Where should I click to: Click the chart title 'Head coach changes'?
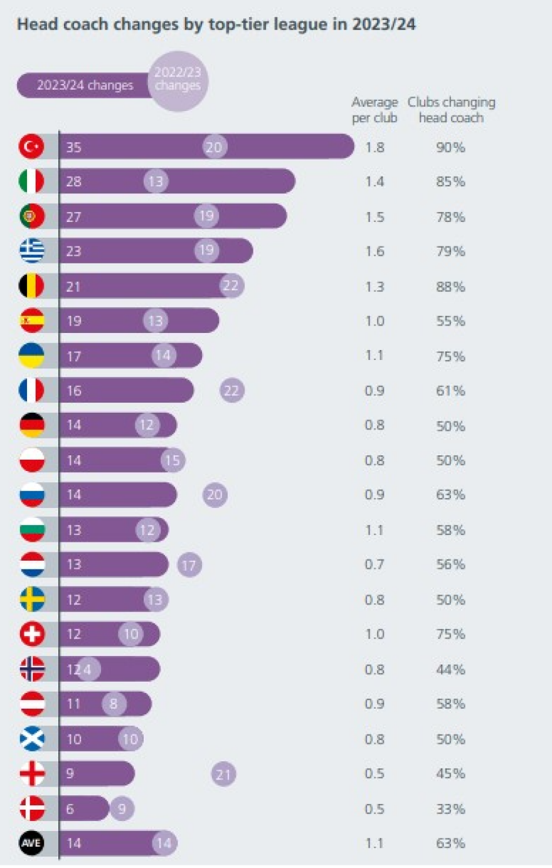click(x=216, y=24)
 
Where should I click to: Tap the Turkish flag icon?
click(x=31, y=147)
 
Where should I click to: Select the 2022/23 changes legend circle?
click(x=178, y=81)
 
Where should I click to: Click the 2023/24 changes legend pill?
click(x=85, y=85)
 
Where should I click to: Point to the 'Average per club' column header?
click(x=374, y=110)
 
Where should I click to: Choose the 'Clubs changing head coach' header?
click(x=451, y=110)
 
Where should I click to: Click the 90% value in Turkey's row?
click(x=450, y=147)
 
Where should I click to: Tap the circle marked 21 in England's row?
click(x=223, y=774)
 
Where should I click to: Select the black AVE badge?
click(x=31, y=843)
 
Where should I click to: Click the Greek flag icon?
click(x=31, y=251)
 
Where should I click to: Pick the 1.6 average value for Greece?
click(x=374, y=251)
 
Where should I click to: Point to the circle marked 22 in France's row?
click(x=231, y=391)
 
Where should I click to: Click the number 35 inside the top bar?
click(x=74, y=147)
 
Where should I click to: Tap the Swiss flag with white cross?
click(x=31, y=633)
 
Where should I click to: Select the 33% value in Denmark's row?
click(x=450, y=809)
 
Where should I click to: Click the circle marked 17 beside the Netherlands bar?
click(x=189, y=565)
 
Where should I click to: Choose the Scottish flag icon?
click(x=31, y=739)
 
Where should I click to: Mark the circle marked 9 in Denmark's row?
click(x=122, y=808)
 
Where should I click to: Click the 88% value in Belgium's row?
click(x=450, y=287)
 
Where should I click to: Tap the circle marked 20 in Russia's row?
click(x=215, y=495)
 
